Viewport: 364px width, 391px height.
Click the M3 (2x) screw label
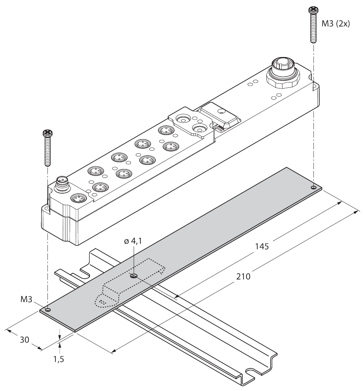tap(336, 24)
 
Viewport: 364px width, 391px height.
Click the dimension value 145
tap(262, 246)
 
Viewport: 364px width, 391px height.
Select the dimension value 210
tap(243, 276)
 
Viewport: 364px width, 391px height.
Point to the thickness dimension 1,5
tap(59, 359)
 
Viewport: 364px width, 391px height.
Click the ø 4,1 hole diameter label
tap(132, 241)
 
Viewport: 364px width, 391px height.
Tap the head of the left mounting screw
tap(47, 133)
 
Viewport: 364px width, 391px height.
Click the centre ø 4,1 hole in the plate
tap(133, 276)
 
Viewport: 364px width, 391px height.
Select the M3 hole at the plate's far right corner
tap(313, 187)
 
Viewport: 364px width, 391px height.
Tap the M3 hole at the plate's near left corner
tap(47, 309)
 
